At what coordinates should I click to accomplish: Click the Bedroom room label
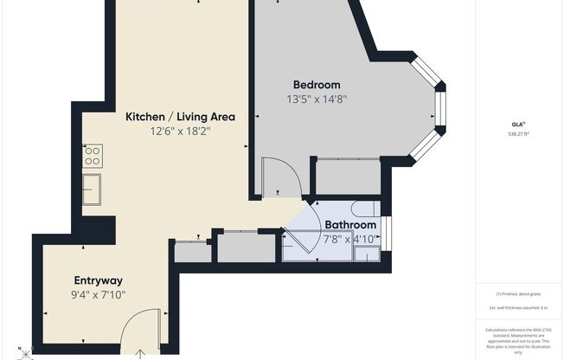[x=316, y=85]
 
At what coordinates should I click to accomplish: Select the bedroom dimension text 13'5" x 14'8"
[x=316, y=99]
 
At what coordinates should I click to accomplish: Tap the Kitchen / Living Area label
[x=180, y=117]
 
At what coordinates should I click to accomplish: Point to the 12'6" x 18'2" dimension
[x=180, y=132]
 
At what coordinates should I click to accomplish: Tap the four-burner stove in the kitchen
[x=93, y=156]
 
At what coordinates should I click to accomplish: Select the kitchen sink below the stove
[x=92, y=188]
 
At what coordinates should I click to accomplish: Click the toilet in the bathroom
[x=365, y=209]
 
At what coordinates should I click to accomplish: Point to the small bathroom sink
[x=367, y=254]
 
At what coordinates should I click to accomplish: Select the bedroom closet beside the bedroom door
[x=346, y=177]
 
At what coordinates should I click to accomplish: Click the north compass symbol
[x=26, y=352]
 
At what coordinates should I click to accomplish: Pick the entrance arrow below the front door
[x=141, y=353]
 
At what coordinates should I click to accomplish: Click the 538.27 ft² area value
[x=519, y=134]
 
